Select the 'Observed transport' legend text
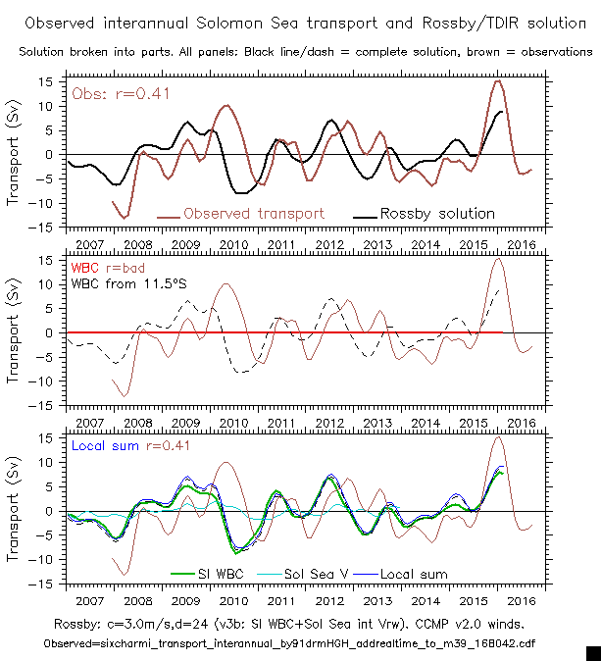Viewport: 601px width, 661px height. point(253,213)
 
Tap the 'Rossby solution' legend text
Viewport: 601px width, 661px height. point(436,213)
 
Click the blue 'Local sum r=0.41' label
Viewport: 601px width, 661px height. point(131,445)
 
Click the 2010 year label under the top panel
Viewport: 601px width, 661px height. point(232,242)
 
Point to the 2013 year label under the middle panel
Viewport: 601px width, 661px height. point(376,421)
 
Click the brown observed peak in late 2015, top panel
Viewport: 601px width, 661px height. point(497,81)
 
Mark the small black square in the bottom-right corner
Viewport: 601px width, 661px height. point(592,652)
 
